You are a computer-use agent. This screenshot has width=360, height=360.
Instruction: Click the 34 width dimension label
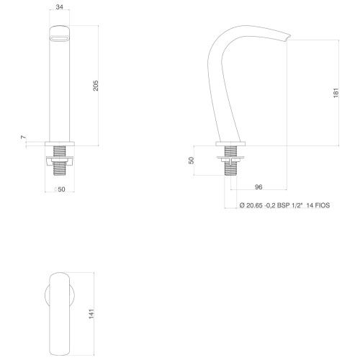point(59,7)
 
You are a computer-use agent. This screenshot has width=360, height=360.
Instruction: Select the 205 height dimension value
point(96,86)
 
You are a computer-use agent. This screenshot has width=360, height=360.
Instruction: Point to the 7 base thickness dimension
point(23,138)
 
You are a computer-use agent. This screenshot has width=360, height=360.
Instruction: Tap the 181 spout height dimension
point(336,93)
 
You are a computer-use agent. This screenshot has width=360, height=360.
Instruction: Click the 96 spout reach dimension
point(258,186)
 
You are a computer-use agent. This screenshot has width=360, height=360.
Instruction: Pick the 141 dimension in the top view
point(91,314)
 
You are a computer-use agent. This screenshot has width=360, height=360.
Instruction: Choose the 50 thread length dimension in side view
point(191,161)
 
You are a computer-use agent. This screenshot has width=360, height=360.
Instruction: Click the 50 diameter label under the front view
point(60,189)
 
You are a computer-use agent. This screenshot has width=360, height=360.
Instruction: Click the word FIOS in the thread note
point(323,205)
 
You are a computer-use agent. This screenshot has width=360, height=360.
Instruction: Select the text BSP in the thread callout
point(283,205)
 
